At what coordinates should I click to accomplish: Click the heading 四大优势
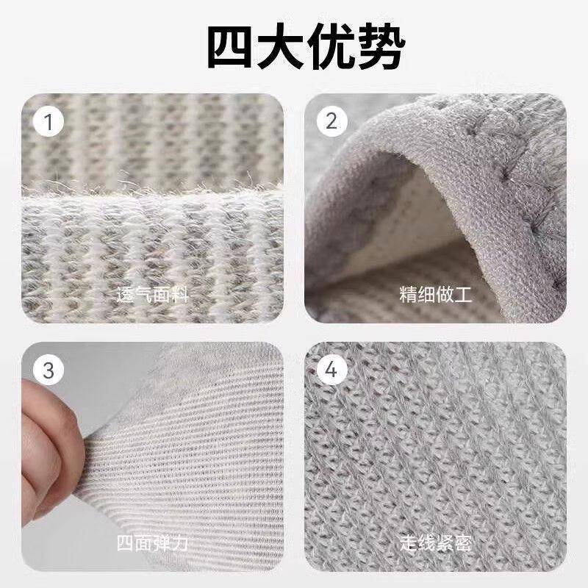pyautogui.click(x=294, y=49)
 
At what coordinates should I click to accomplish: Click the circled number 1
pyautogui.click(x=49, y=122)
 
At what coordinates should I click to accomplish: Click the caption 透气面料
pyautogui.click(x=153, y=296)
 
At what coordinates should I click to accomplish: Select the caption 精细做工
pyautogui.click(x=436, y=296)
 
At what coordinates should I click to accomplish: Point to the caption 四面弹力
pyautogui.click(x=153, y=545)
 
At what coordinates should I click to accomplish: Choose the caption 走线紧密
pyautogui.click(x=436, y=545)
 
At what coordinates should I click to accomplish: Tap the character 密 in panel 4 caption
pyautogui.click(x=462, y=545)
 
